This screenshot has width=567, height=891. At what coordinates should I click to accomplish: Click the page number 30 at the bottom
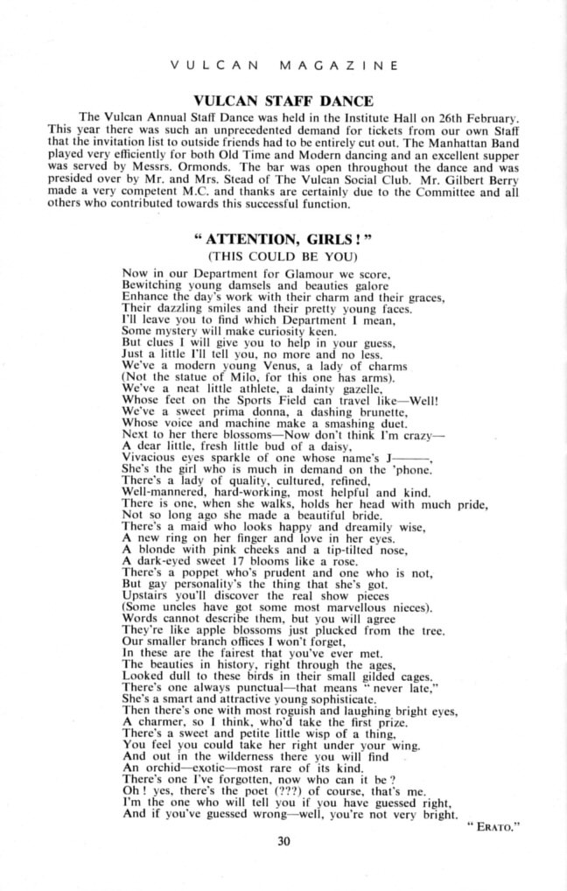pyautogui.click(x=283, y=844)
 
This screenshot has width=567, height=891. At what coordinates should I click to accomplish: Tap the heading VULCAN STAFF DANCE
pyautogui.click(x=283, y=100)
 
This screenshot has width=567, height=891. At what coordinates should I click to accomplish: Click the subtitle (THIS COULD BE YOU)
pyautogui.click(x=283, y=257)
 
